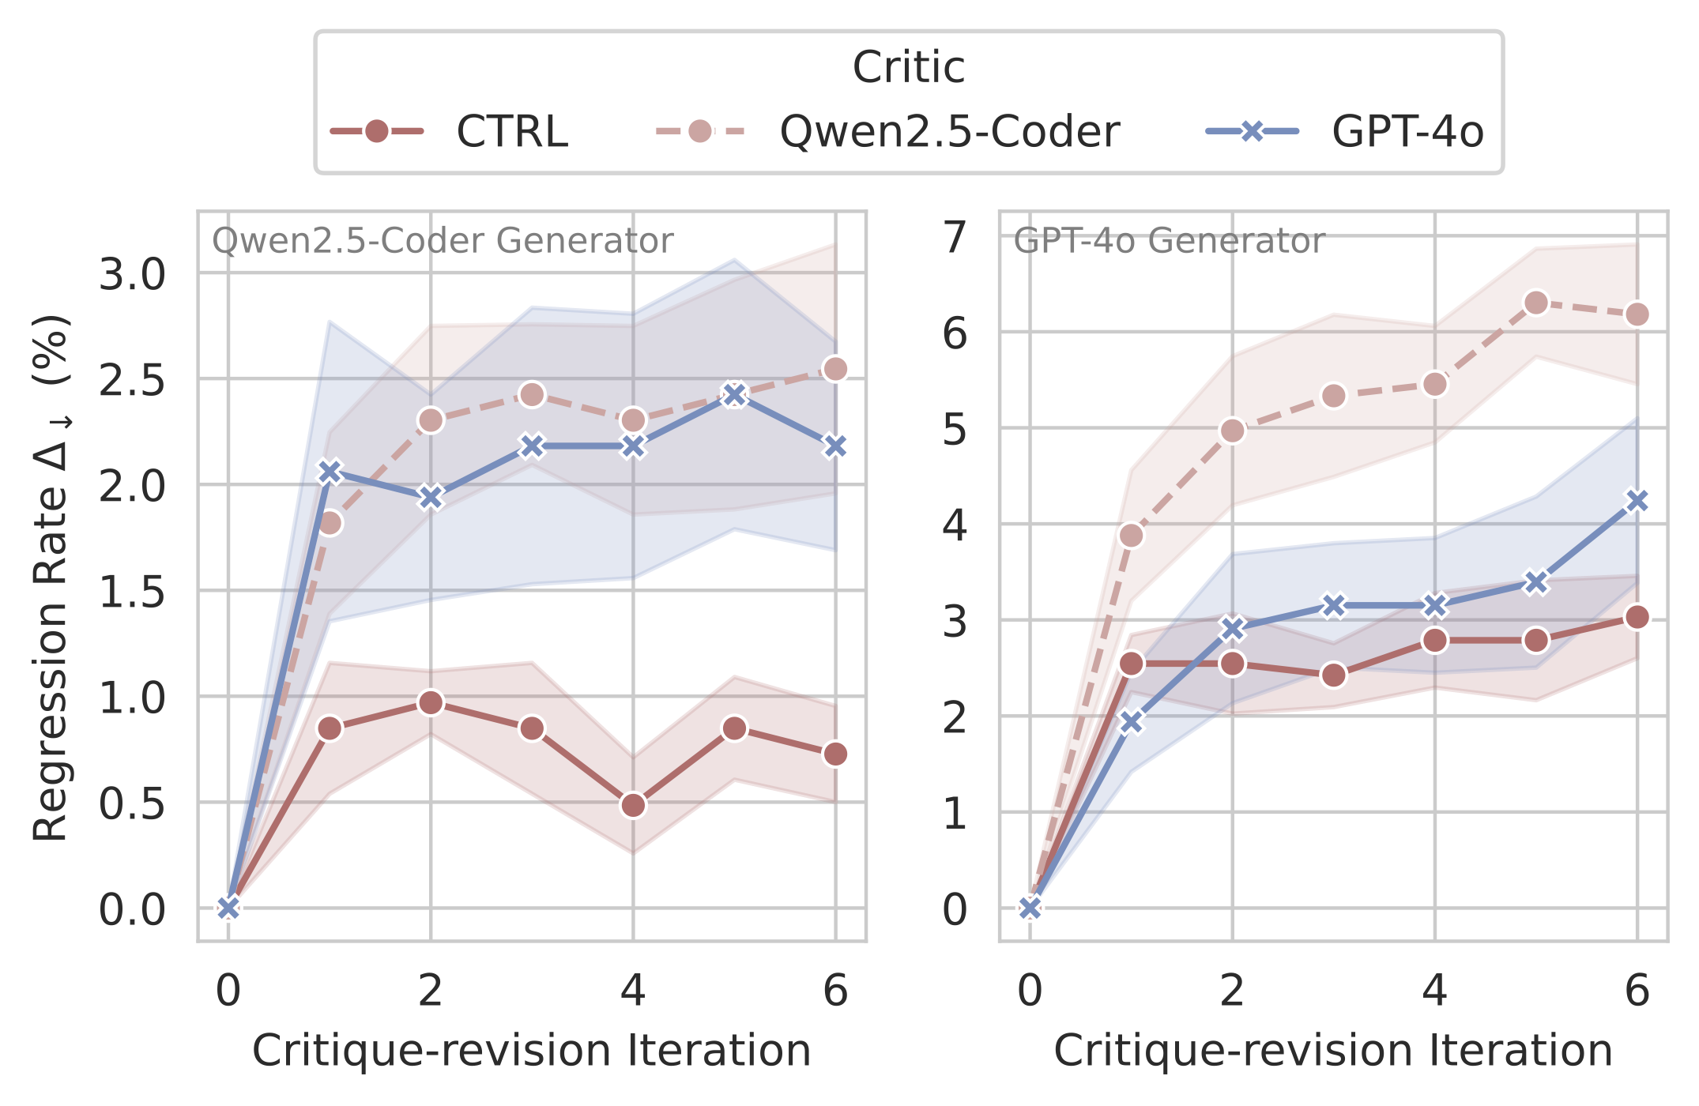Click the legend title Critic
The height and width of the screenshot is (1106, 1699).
coord(909,67)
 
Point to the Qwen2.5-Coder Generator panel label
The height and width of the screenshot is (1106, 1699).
coord(443,241)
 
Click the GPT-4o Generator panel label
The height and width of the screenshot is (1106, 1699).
coord(1169,241)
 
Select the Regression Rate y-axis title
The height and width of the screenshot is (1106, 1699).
coord(52,577)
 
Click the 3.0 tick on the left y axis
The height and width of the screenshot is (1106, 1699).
coord(132,275)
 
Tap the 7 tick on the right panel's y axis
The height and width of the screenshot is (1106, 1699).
coord(955,237)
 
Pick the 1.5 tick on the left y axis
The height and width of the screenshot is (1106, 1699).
coord(132,592)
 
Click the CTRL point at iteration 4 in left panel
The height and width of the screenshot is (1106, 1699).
coord(633,806)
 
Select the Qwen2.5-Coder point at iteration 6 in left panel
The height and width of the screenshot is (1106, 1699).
coord(835,369)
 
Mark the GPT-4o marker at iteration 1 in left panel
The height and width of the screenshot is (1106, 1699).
coord(330,472)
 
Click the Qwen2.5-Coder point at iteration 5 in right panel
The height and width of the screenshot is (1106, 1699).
coord(1536,303)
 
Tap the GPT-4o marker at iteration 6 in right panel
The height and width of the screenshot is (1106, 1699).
coord(1637,501)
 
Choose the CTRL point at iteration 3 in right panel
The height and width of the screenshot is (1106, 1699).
coord(1334,675)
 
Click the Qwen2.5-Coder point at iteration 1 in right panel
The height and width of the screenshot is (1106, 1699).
coord(1132,536)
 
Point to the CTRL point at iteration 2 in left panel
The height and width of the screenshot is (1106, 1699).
coord(431,702)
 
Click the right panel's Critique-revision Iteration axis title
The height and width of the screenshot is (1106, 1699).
coord(1333,1051)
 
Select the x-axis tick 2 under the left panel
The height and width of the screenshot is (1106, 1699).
coord(431,991)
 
